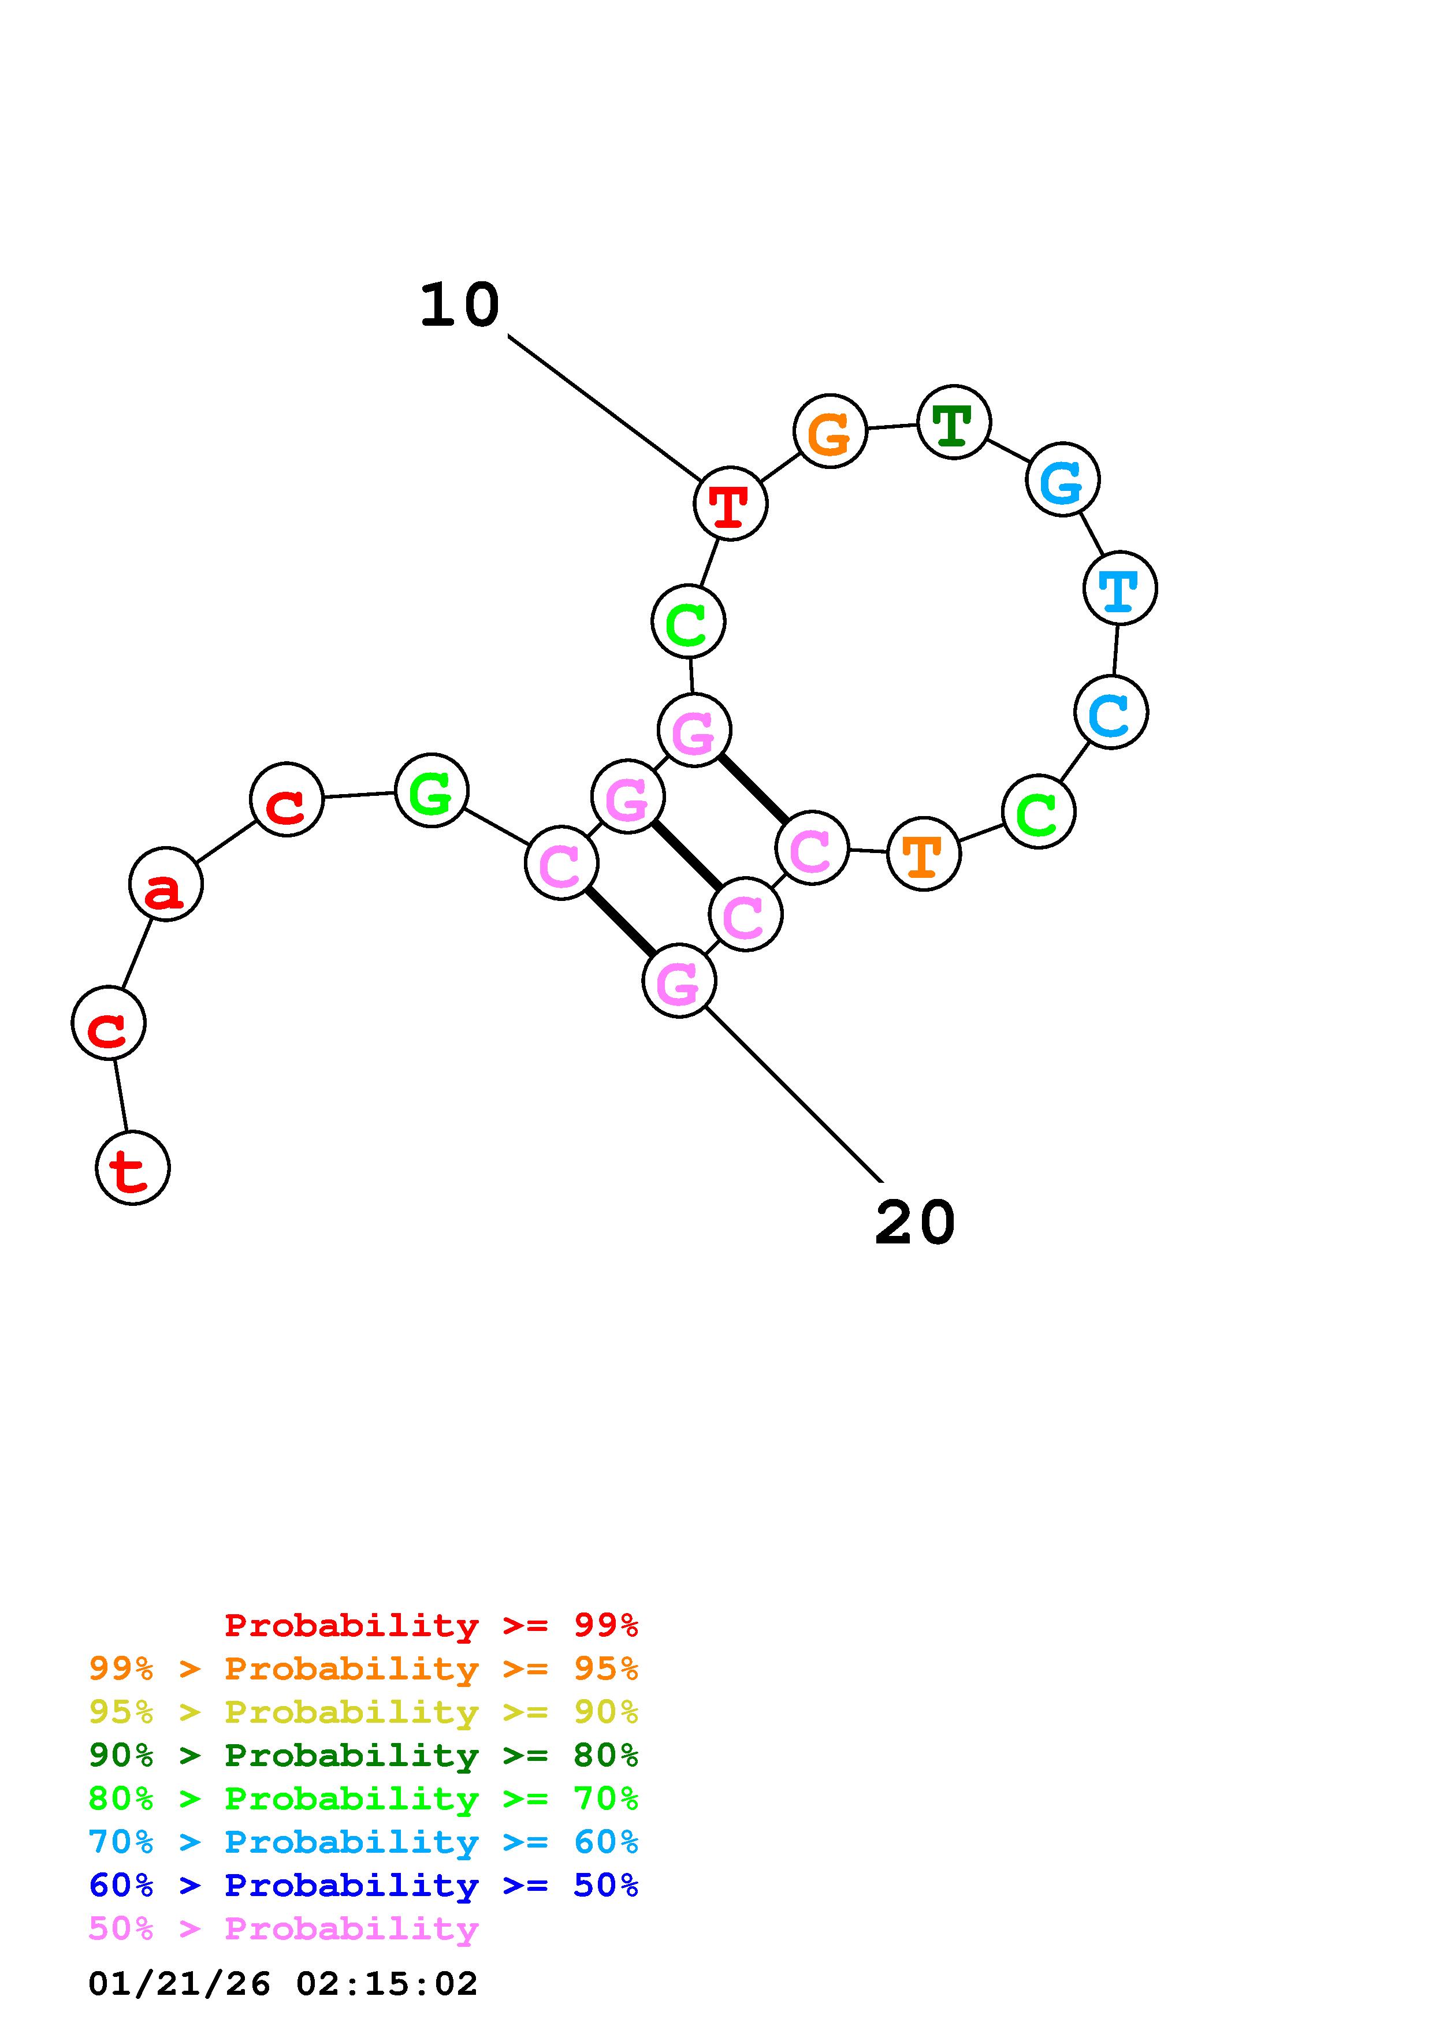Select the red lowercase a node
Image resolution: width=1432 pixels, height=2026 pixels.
[x=166, y=884]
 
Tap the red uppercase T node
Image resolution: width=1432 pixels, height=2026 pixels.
[x=731, y=504]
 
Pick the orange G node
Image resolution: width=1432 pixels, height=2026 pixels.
[x=830, y=431]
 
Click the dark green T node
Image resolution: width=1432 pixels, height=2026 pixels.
[x=954, y=422]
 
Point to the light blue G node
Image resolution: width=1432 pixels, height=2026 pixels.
[x=1062, y=479]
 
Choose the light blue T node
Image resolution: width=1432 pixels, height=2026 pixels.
[x=1119, y=588]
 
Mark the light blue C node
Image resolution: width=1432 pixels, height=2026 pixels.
[x=1111, y=712]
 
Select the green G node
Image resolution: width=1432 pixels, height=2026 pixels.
[x=432, y=791]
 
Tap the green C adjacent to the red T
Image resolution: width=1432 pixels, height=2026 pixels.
[x=688, y=622]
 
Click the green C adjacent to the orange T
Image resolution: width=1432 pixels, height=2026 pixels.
[x=1039, y=812]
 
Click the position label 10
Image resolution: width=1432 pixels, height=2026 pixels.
[x=460, y=306]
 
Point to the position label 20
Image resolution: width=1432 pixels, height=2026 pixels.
[x=915, y=1223]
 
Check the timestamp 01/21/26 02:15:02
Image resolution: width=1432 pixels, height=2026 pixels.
[x=283, y=1984]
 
